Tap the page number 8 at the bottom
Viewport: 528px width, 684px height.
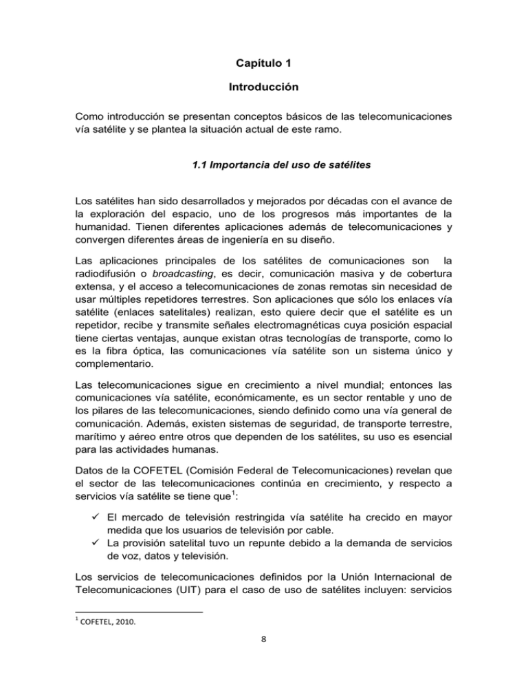click(264, 676)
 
